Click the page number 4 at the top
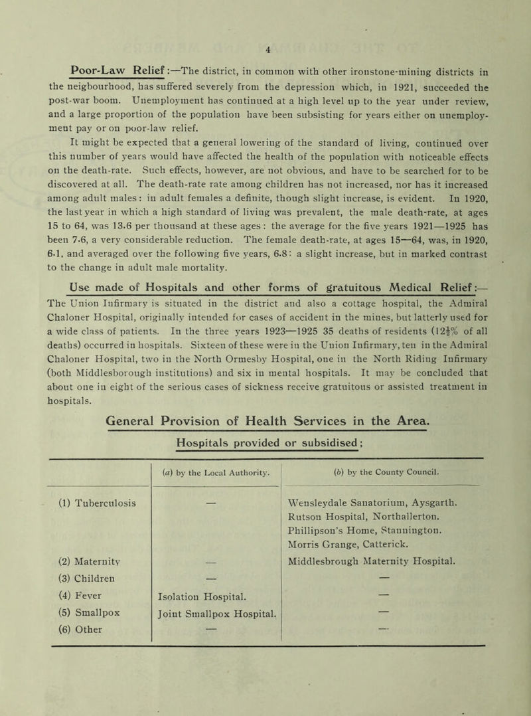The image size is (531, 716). [266, 9]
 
